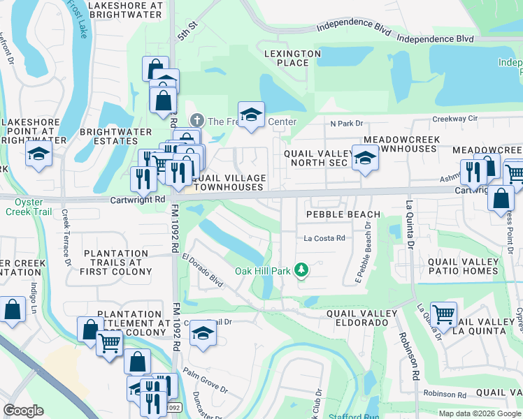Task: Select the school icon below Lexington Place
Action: [251, 114]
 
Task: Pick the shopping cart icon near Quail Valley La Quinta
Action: [443, 314]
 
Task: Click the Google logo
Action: [24, 411]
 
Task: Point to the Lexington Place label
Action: [293, 58]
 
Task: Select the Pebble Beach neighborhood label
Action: [343, 214]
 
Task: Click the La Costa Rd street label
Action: [324, 238]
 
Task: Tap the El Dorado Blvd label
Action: [202, 270]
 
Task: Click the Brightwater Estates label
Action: [115, 136]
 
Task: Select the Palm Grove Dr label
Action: [204, 381]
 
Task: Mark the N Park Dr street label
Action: [347, 124]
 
